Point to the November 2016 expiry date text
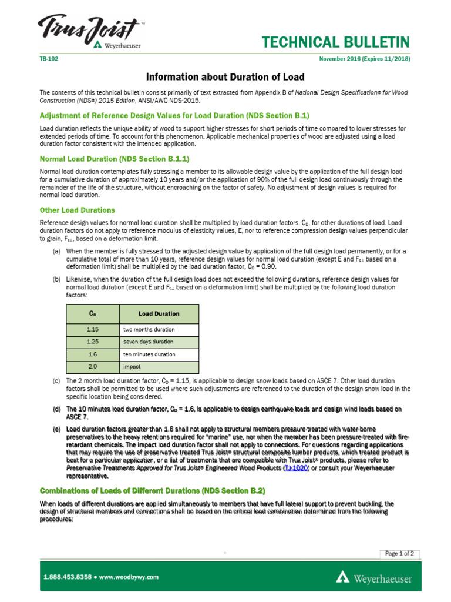364,59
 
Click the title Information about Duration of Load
225,77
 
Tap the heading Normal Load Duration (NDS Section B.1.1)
114,159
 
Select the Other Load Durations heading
77,210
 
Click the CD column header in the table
93,313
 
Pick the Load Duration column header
159,313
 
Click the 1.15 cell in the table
93,329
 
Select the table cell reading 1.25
93,342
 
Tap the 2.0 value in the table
93,367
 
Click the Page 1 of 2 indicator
399,553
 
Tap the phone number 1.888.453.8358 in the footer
68,577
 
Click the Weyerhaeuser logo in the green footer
373,578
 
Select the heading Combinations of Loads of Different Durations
152,490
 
